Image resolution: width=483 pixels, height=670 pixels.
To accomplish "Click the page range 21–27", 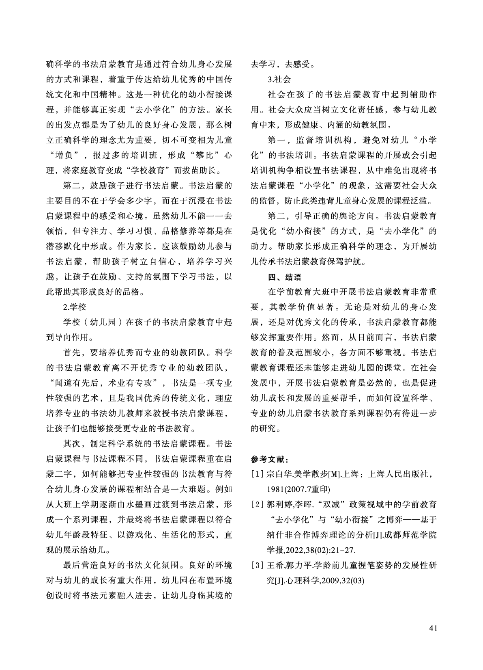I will point(343,551).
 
